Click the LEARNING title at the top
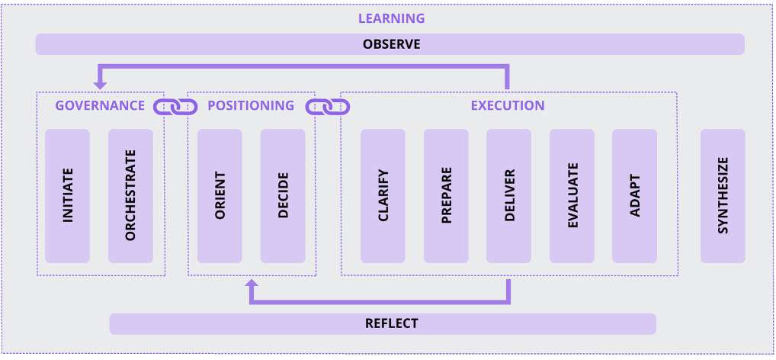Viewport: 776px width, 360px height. (x=391, y=18)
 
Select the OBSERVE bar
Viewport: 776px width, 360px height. (x=390, y=44)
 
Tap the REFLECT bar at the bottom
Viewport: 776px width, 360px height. (x=382, y=323)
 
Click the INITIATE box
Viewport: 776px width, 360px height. (x=68, y=196)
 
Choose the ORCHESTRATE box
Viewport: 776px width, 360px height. (x=130, y=196)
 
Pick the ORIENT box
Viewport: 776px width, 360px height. (x=220, y=196)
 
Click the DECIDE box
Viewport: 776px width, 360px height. (x=283, y=196)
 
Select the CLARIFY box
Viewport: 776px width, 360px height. (x=383, y=196)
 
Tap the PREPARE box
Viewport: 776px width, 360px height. (x=446, y=196)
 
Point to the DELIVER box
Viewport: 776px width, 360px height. (x=509, y=196)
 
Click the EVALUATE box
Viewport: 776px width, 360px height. (x=572, y=196)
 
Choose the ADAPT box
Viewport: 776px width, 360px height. (x=634, y=196)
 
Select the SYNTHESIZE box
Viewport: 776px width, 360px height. (x=723, y=196)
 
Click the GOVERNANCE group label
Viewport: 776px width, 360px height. (x=99, y=106)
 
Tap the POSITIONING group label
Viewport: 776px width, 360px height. (x=251, y=106)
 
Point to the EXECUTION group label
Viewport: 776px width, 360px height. (x=508, y=106)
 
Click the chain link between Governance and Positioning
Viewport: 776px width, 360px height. (x=175, y=107)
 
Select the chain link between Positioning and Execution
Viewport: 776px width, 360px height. (x=328, y=107)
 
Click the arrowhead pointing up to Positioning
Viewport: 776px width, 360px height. (x=252, y=284)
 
